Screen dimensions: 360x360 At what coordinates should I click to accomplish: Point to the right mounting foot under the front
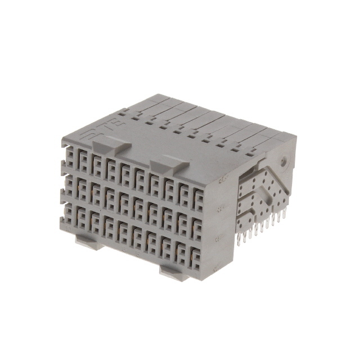175,271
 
